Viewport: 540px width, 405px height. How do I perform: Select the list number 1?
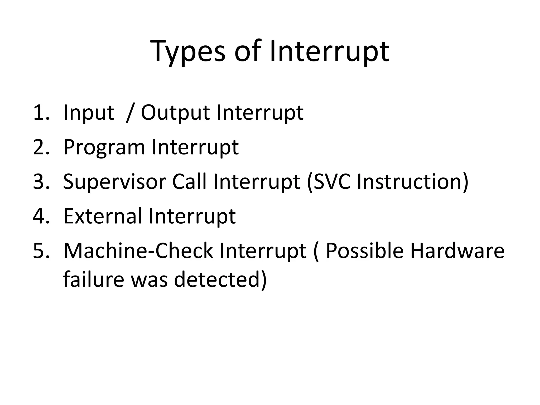tap(41, 113)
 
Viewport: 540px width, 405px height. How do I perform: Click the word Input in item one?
tap(89, 113)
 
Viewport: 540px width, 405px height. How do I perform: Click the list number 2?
tap(41, 147)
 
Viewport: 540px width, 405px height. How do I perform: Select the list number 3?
tap(41, 182)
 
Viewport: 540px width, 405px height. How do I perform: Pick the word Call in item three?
tap(189, 182)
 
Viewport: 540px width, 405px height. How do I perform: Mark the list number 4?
tap(41, 216)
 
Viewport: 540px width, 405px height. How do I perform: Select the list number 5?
tap(41, 251)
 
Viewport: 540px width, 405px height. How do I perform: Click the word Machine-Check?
tap(138, 251)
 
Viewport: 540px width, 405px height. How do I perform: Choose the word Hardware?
tap(457, 251)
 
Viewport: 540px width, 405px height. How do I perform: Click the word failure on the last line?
tap(94, 279)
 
